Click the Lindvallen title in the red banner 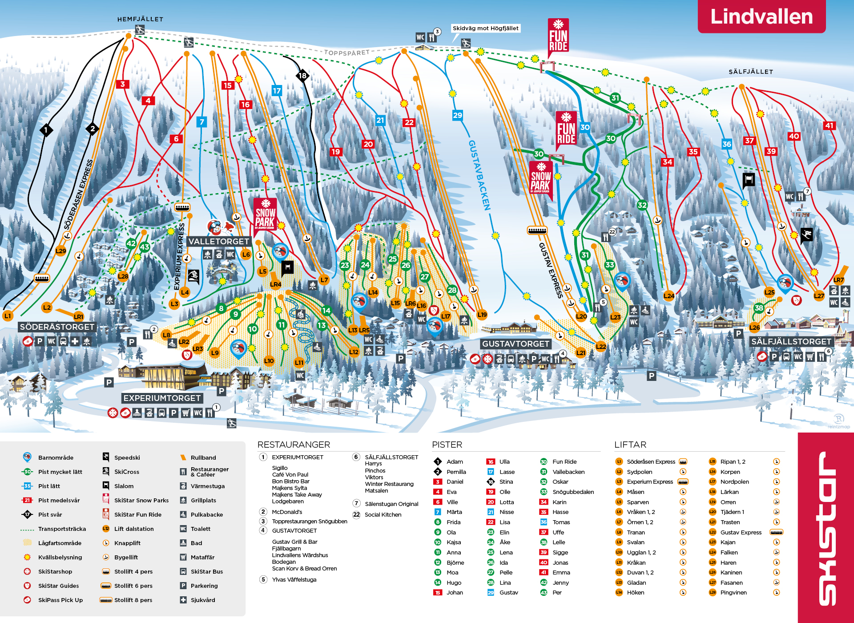click(761, 16)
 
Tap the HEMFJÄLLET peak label click(140, 19)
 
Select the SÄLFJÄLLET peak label click(750, 72)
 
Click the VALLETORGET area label click(218, 241)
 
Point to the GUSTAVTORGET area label click(516, 344)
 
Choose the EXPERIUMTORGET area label click(162, 398)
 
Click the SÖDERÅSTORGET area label click(57, 327)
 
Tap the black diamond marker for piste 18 click(302, 76)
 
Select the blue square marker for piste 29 click(457, 115)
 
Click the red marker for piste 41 click(829, 125)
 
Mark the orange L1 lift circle click(8, 316)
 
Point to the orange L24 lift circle click(669, 295)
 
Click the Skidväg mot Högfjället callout click(485, 28)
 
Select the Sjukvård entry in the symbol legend click(203, 600)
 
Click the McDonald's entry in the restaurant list click(287, 512)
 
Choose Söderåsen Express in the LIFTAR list click(651, 461)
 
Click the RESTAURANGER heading click(294, 445)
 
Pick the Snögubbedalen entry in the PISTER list click(573, 492)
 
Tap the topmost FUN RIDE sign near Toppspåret click(558, 37)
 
